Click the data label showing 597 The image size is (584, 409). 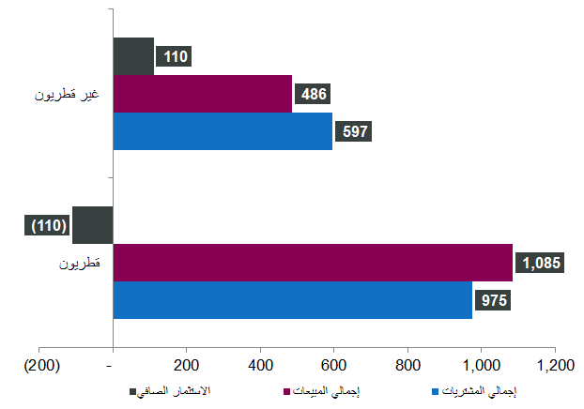point(355,131)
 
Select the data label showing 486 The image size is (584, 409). point(314,94)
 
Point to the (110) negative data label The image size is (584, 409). point(48,225)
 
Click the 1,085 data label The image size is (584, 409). point(541,263)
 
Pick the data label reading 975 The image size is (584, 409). point(494,300)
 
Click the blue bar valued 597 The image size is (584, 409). point(223,131)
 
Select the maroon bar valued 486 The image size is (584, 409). point(202,94)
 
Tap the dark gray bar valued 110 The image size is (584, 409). point(133,56)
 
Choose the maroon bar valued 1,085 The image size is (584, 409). point(313,263)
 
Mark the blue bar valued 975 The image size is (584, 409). point(292,300)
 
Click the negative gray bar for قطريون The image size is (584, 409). point(93,225)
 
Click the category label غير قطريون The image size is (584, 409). point(68,95)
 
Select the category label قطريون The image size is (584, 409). point(80,264)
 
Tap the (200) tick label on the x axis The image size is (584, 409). point(41,364)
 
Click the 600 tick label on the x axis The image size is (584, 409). point(334,364)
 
